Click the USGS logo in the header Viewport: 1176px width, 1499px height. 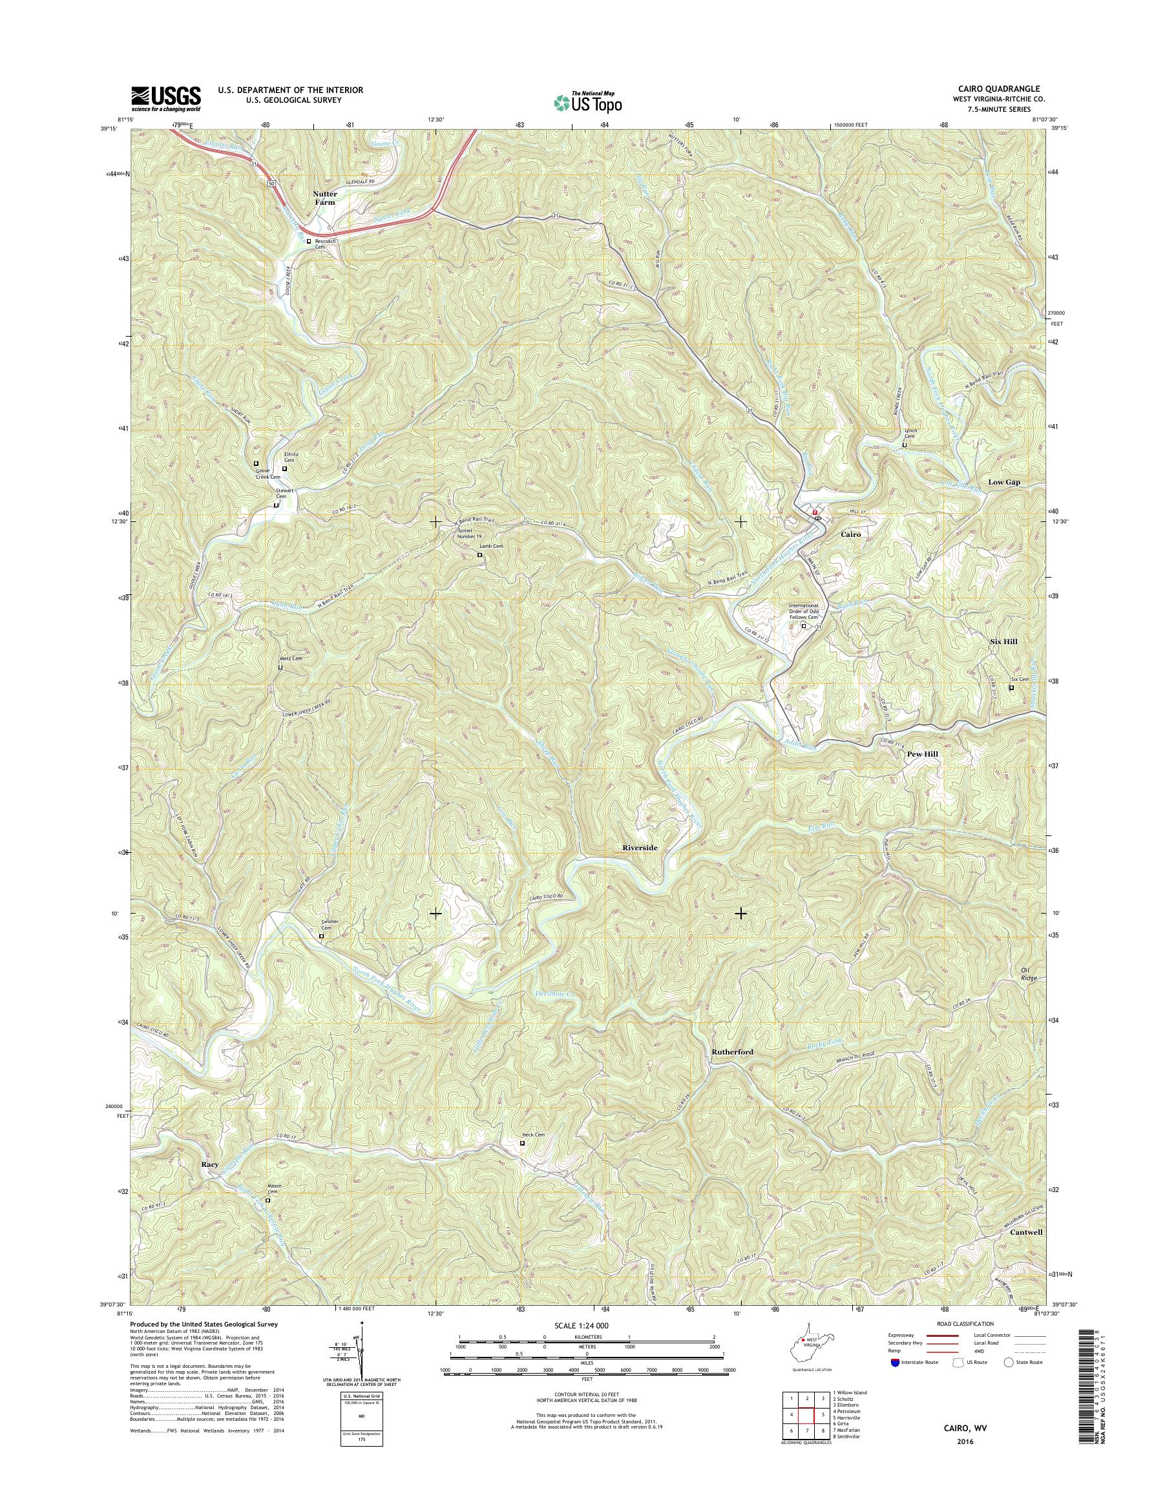[166, 99]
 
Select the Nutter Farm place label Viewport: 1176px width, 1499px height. [325, 198]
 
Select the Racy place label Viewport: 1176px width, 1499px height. [210, 1164]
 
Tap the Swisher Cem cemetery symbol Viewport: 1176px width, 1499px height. [321, 936]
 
